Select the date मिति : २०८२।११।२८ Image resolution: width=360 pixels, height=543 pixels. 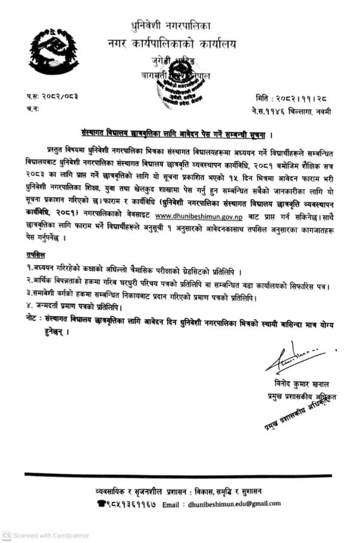pos(293,97)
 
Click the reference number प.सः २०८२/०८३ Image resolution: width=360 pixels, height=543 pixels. pos(53,96)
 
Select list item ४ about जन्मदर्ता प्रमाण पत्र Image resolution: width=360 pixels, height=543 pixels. pos(75,307)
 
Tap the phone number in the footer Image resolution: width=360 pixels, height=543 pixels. pos(125,504)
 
